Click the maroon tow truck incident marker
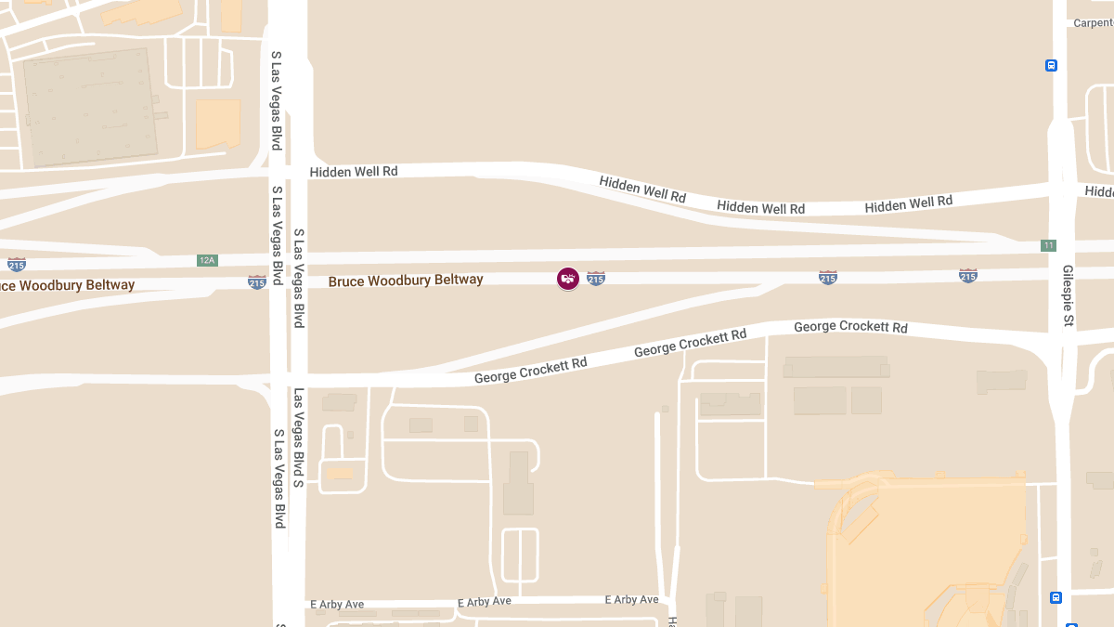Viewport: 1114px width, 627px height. (x=568, y=278)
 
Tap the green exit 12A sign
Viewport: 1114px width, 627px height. (x=206, y=260)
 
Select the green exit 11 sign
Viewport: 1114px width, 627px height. (x=1048, y=245)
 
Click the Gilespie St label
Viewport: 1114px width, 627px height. (x=1069, y=296)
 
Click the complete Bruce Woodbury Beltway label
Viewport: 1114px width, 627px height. (x=406, y=280)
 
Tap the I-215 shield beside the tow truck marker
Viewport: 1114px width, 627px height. (x=596, y=278)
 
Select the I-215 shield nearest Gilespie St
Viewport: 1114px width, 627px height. (x=967, y=275)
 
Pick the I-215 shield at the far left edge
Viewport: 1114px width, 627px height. (x=17, y=264)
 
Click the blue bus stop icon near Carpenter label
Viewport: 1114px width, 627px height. (x=1051, y=65)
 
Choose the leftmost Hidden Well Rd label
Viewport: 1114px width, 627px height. (x=354, y=172)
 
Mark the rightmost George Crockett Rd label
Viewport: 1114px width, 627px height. (x=850, y=327)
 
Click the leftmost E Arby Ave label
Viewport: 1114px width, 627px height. (x=338, y=605)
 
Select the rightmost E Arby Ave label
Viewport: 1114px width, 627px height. (x=631, y=600)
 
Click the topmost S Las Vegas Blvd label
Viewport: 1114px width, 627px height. (x=276, y=100)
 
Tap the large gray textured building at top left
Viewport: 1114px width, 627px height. (x=89, y=107)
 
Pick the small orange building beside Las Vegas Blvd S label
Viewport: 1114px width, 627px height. (x=339, y=472)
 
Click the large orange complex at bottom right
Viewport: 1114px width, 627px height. (x=928, y=548)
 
